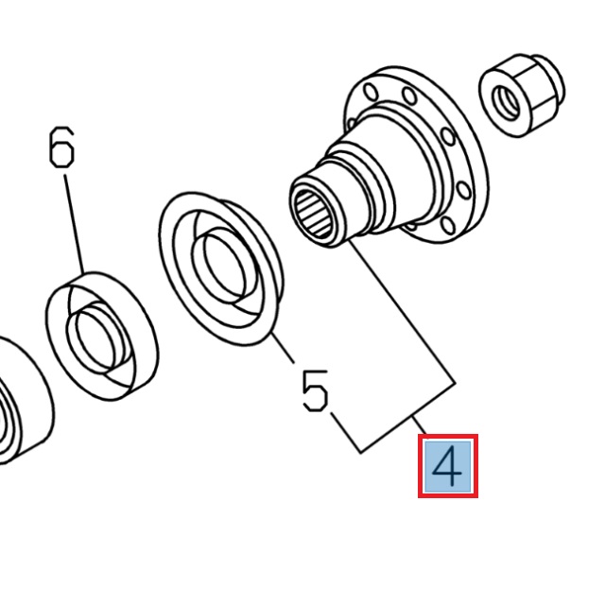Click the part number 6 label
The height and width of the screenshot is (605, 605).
click(x=60, y=149)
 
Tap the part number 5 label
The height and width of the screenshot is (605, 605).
click(x=316, y=389)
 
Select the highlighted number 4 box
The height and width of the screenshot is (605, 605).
click(x=448, y=466)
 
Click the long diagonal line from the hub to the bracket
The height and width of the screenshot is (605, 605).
click(x=402, y=313)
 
